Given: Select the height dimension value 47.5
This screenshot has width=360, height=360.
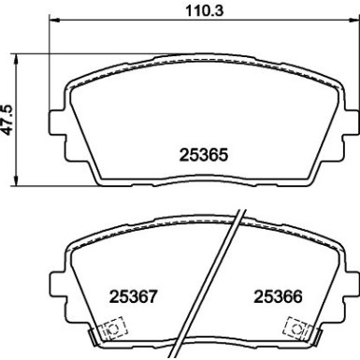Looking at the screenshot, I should click(x=8, y=119).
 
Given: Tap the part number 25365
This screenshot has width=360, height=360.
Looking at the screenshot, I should click(x=203, y=156).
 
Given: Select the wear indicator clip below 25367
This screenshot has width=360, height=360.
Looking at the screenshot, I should click(x=109, y=329).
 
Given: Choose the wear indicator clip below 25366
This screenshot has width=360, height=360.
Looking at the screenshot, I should click(x=298, y=329).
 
